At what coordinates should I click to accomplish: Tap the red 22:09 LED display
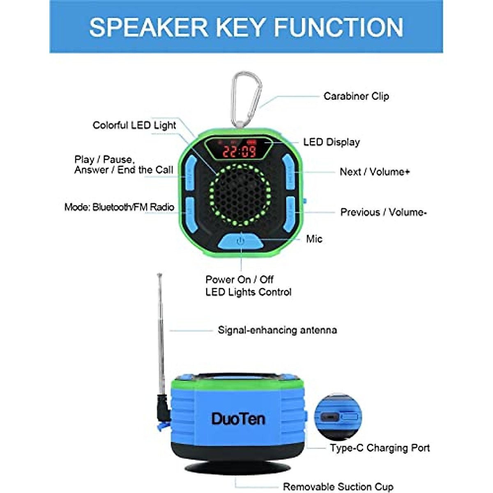click(x=240, y=151)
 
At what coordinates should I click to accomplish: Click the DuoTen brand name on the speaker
click(x=238, y=419)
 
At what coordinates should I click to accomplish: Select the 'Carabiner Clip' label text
click(x=356, y=96)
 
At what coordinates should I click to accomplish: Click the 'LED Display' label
click(x=331, y=142)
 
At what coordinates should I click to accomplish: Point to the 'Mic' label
click(x=314, y=239)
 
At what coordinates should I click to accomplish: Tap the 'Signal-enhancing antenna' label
click(x=277, y=330)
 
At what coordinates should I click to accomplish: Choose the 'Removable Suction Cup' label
click(x=338, y=487)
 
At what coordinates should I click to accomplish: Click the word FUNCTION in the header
click(x=338, y=28)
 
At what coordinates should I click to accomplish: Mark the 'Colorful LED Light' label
click(x=134, y=125)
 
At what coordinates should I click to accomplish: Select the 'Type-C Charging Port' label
click(x=380, y=448)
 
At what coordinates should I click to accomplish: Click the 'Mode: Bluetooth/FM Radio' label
click(x=119, y=207)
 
